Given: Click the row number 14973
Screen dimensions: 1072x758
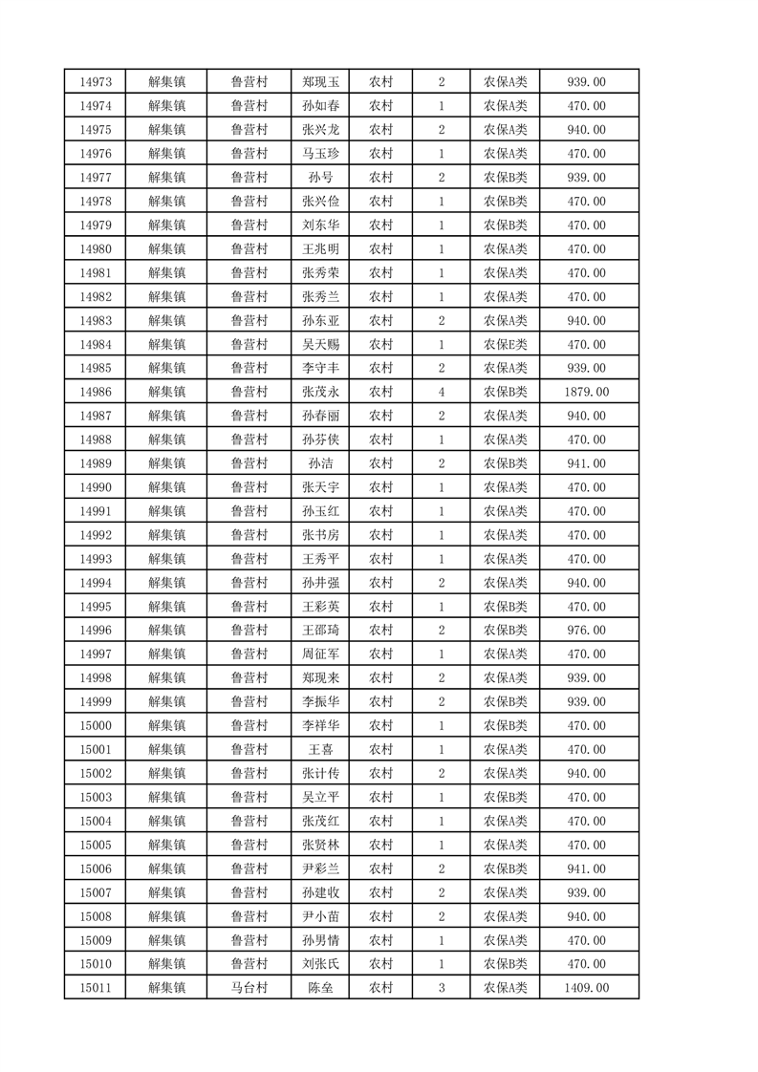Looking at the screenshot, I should (97, 82).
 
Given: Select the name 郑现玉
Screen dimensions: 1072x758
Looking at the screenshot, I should (320, 82).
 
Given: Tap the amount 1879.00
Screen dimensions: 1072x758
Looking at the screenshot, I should (587, 392).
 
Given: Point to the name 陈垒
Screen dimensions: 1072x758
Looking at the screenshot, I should (320, 988).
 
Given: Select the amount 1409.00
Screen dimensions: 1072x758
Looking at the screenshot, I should (587, 988).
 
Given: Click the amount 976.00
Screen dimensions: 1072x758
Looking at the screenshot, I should (587, 631).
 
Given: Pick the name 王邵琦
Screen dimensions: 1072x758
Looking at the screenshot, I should (320, 631).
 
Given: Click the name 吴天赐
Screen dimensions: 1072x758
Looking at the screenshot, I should (320, 344).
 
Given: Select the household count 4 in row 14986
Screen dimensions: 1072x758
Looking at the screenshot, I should (441, 392).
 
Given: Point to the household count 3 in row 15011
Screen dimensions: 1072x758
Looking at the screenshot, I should (441, 988).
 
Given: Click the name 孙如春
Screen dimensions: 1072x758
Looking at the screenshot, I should (320, 106).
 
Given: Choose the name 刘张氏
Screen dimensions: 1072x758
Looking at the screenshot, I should (320, 964).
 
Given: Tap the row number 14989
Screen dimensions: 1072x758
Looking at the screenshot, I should (97, 463).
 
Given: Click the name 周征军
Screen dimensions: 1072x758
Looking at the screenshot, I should (320, 654).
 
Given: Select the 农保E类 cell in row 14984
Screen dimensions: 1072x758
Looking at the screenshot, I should (505, 344).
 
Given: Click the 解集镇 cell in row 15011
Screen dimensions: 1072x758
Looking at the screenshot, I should (166, 988).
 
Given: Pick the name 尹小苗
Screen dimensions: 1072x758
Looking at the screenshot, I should (320, 916).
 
